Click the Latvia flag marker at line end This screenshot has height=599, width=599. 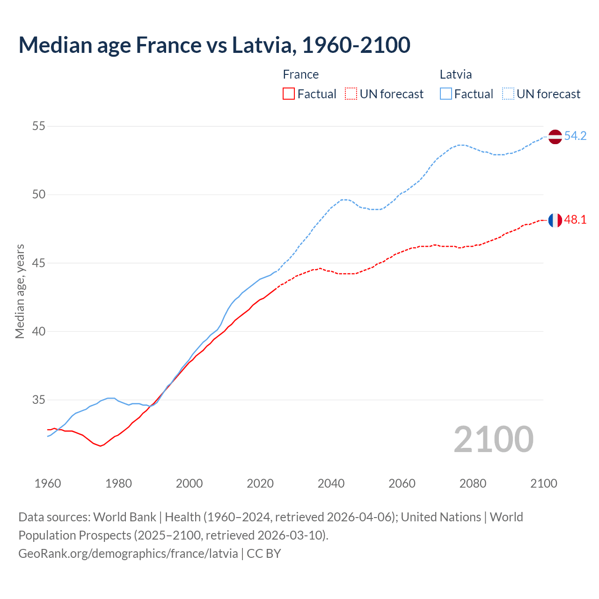[x=555, y=137]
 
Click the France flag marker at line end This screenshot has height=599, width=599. [x=555, y=220]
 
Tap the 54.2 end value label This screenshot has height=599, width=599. [x=575, y=136]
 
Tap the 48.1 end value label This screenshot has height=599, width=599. [x=575, y=219]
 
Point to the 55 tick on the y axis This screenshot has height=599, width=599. [x=38, y=126]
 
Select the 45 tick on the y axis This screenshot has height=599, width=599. [x=38, y=263]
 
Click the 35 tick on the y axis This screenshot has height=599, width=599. [x=38, y=400]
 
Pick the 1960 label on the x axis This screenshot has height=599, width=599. [x=48, y=483]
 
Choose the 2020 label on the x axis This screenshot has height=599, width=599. [x=260, y=483]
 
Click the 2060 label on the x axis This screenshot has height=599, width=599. [x=402, y=483]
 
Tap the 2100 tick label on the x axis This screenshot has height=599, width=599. [x=544, y=483]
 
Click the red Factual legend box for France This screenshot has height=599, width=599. [x=289, y=94]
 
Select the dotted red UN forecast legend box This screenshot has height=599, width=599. [x=351, y=94]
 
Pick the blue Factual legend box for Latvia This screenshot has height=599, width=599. [x=446, y=94]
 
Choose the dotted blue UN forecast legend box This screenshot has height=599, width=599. [x=508, y=94]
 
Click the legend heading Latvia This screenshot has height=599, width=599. [x=455, y=74]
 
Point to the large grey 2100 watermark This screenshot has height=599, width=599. [x=494, y=439]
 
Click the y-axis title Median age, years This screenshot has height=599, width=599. [x=20, y=291]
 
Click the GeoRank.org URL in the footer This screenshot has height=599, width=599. [x=128, y=554]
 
